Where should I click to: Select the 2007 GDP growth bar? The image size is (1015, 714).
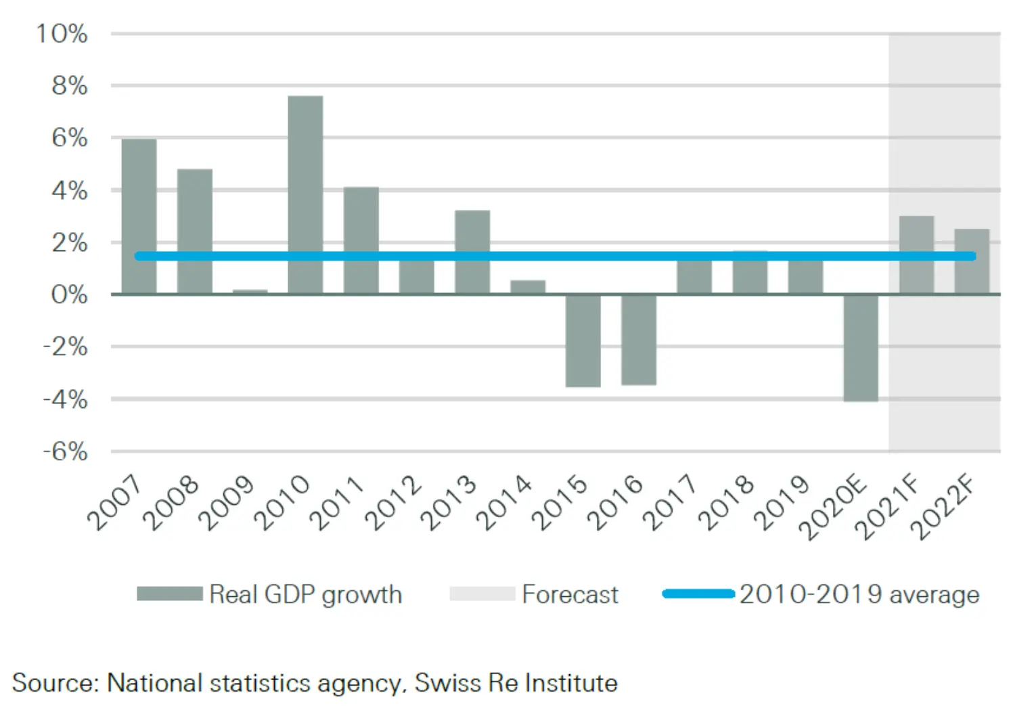click(x=139, y=217)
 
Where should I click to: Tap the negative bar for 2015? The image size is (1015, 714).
click(x=583, y=340)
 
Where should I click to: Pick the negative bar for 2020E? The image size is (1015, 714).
click(x=861, y=348)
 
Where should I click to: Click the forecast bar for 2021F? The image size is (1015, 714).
click(x=916, y=255)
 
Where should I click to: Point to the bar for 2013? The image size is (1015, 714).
click(x=472, y=252)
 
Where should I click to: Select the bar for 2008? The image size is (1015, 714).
click(x=194, y=231)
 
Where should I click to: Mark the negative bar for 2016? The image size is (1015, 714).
click(x=639, y=340)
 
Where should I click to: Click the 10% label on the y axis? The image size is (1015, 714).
click(x=62, y=33)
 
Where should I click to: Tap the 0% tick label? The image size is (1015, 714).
click(x=69, y=294)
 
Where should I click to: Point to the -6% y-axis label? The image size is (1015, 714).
click(x=65, y=451)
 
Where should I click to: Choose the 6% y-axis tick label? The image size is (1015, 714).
click(x=69, y=138)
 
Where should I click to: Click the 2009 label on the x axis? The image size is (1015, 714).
click(x=227, y=502)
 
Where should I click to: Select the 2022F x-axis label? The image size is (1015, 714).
click(x=946, y=508)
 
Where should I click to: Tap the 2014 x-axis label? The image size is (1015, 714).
click(x=505, y=502)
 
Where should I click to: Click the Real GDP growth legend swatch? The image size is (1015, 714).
click(x=169, y=594)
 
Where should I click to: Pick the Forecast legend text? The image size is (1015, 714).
click(x=570, y=594)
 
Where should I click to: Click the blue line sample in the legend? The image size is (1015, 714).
click(x=698, y=594)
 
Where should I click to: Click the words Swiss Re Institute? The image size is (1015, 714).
click(x=516, y=682)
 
